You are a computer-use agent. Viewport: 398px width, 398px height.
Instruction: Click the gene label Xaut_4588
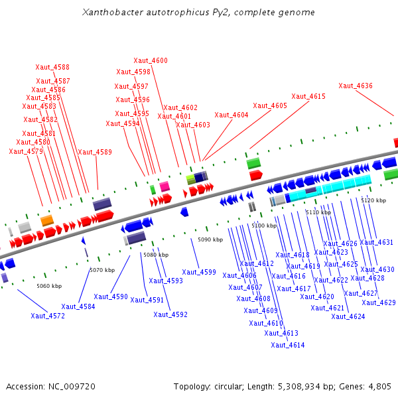(x=52, y=67)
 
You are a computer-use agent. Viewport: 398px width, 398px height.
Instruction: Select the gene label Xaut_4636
(x=356, y=86)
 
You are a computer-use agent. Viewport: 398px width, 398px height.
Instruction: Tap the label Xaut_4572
(x=48, y=316)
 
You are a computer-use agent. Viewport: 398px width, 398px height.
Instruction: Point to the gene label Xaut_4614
(x=288, y=345)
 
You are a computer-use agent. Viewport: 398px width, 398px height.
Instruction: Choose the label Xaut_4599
(x=199, y=272)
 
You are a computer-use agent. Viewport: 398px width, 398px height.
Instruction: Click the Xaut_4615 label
(x=308, y=96)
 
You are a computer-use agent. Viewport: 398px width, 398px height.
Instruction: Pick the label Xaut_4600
(x=151, y=61)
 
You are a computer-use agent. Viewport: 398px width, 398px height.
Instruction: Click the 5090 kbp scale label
(x=210, y=239)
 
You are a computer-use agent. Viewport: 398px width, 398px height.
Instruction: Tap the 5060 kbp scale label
(x=49, y=286)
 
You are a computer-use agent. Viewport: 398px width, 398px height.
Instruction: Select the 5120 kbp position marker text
(x=373, y=200)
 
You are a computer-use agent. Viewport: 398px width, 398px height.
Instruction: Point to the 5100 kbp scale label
(x=264, y=226)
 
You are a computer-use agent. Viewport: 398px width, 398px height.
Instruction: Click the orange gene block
(x=46, y=220)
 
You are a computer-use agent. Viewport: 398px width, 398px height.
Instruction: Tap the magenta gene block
(x=165, y=186)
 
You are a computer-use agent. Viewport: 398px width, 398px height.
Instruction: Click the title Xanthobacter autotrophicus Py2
(x=198, y=13)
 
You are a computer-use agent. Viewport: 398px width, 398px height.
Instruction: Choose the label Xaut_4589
(x=95, y=152)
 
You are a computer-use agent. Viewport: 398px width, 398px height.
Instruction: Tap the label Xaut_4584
(x=78, y=306)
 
